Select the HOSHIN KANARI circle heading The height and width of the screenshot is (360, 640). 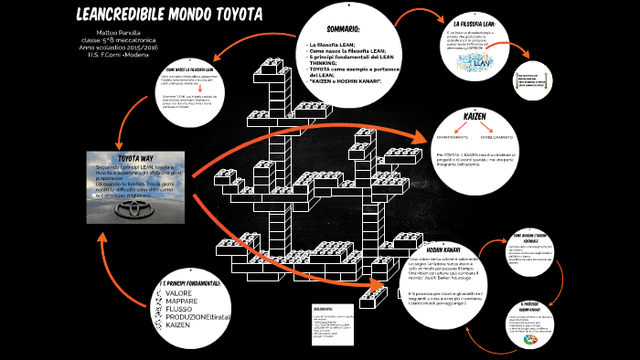(x=450, y=249)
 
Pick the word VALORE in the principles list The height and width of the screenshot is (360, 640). (x=179, y=293)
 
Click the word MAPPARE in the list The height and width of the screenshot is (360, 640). (x=182, y=301)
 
